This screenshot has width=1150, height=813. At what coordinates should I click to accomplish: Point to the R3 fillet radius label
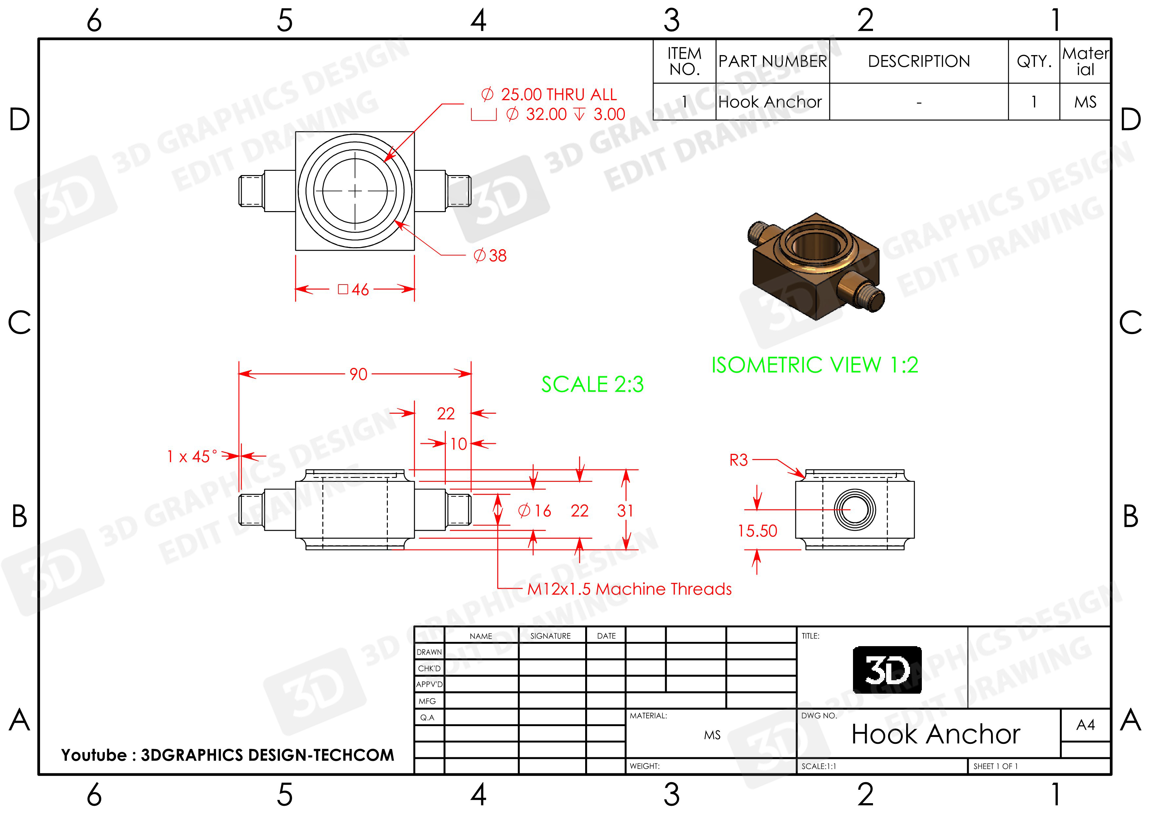click(738, 460)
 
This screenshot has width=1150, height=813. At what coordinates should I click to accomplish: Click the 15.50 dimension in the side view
click(757, 530)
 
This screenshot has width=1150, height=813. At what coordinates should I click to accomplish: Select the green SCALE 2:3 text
click(592, 384)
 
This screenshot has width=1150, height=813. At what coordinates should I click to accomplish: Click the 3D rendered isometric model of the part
click(815, 266)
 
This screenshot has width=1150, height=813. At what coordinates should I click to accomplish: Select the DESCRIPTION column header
click(919, 61)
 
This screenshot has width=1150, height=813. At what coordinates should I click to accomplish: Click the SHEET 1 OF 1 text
click(995, 766)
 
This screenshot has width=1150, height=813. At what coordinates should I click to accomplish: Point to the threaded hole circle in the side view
click(855, 509)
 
